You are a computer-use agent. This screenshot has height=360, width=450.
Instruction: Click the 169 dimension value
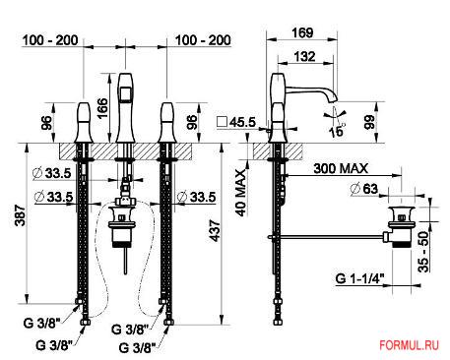[302, 32]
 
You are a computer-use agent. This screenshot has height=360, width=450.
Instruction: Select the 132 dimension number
[304, 56]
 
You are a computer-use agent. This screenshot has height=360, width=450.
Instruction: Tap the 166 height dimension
[102, 108]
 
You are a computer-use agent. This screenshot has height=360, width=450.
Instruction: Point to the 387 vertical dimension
[21, 215]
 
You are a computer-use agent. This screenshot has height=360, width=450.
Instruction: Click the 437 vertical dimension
[215, 231]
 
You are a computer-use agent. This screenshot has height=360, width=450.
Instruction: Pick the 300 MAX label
[341, 168]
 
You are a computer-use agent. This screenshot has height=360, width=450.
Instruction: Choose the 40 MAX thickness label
[241, 193]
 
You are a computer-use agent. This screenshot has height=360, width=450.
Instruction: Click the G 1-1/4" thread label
[359, 278]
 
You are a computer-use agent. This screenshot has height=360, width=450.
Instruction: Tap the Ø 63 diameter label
[364, 189]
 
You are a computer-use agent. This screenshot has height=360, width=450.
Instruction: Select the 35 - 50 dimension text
[423, 252]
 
